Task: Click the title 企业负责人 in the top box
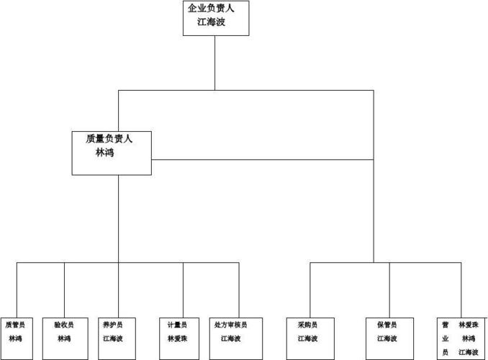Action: pos(215,9)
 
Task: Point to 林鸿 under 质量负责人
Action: pos(105,153)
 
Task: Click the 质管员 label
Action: pos(15,325)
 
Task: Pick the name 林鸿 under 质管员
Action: pos(15,338)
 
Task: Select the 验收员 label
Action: pos(64,325)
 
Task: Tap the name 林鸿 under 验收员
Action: pos(64,338)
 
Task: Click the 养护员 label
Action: pos(113,325)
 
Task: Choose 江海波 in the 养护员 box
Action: pos(113,338)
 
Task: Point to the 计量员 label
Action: pos(177,325)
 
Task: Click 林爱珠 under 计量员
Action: pos(177,338)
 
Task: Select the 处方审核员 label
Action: pos(230,325)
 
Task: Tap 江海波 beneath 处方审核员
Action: pos(230,338)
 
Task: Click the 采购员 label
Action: pos(307,325)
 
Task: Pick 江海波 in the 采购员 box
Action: pos(307,338)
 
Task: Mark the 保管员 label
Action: pos(387,325)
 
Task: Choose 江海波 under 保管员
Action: pos(387,338)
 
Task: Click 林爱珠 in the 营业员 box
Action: pos(469,325)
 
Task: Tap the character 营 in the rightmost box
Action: pos(446,325)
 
